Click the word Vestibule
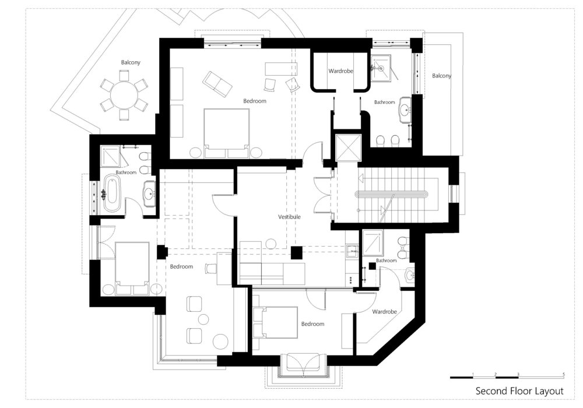[289, 216]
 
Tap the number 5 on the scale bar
[563, 373]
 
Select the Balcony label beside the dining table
[131, 62]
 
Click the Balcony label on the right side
[441, 76]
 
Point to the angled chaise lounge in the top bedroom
[216, 83]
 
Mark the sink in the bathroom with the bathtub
[149, 193]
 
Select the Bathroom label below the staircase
[386, 261]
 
